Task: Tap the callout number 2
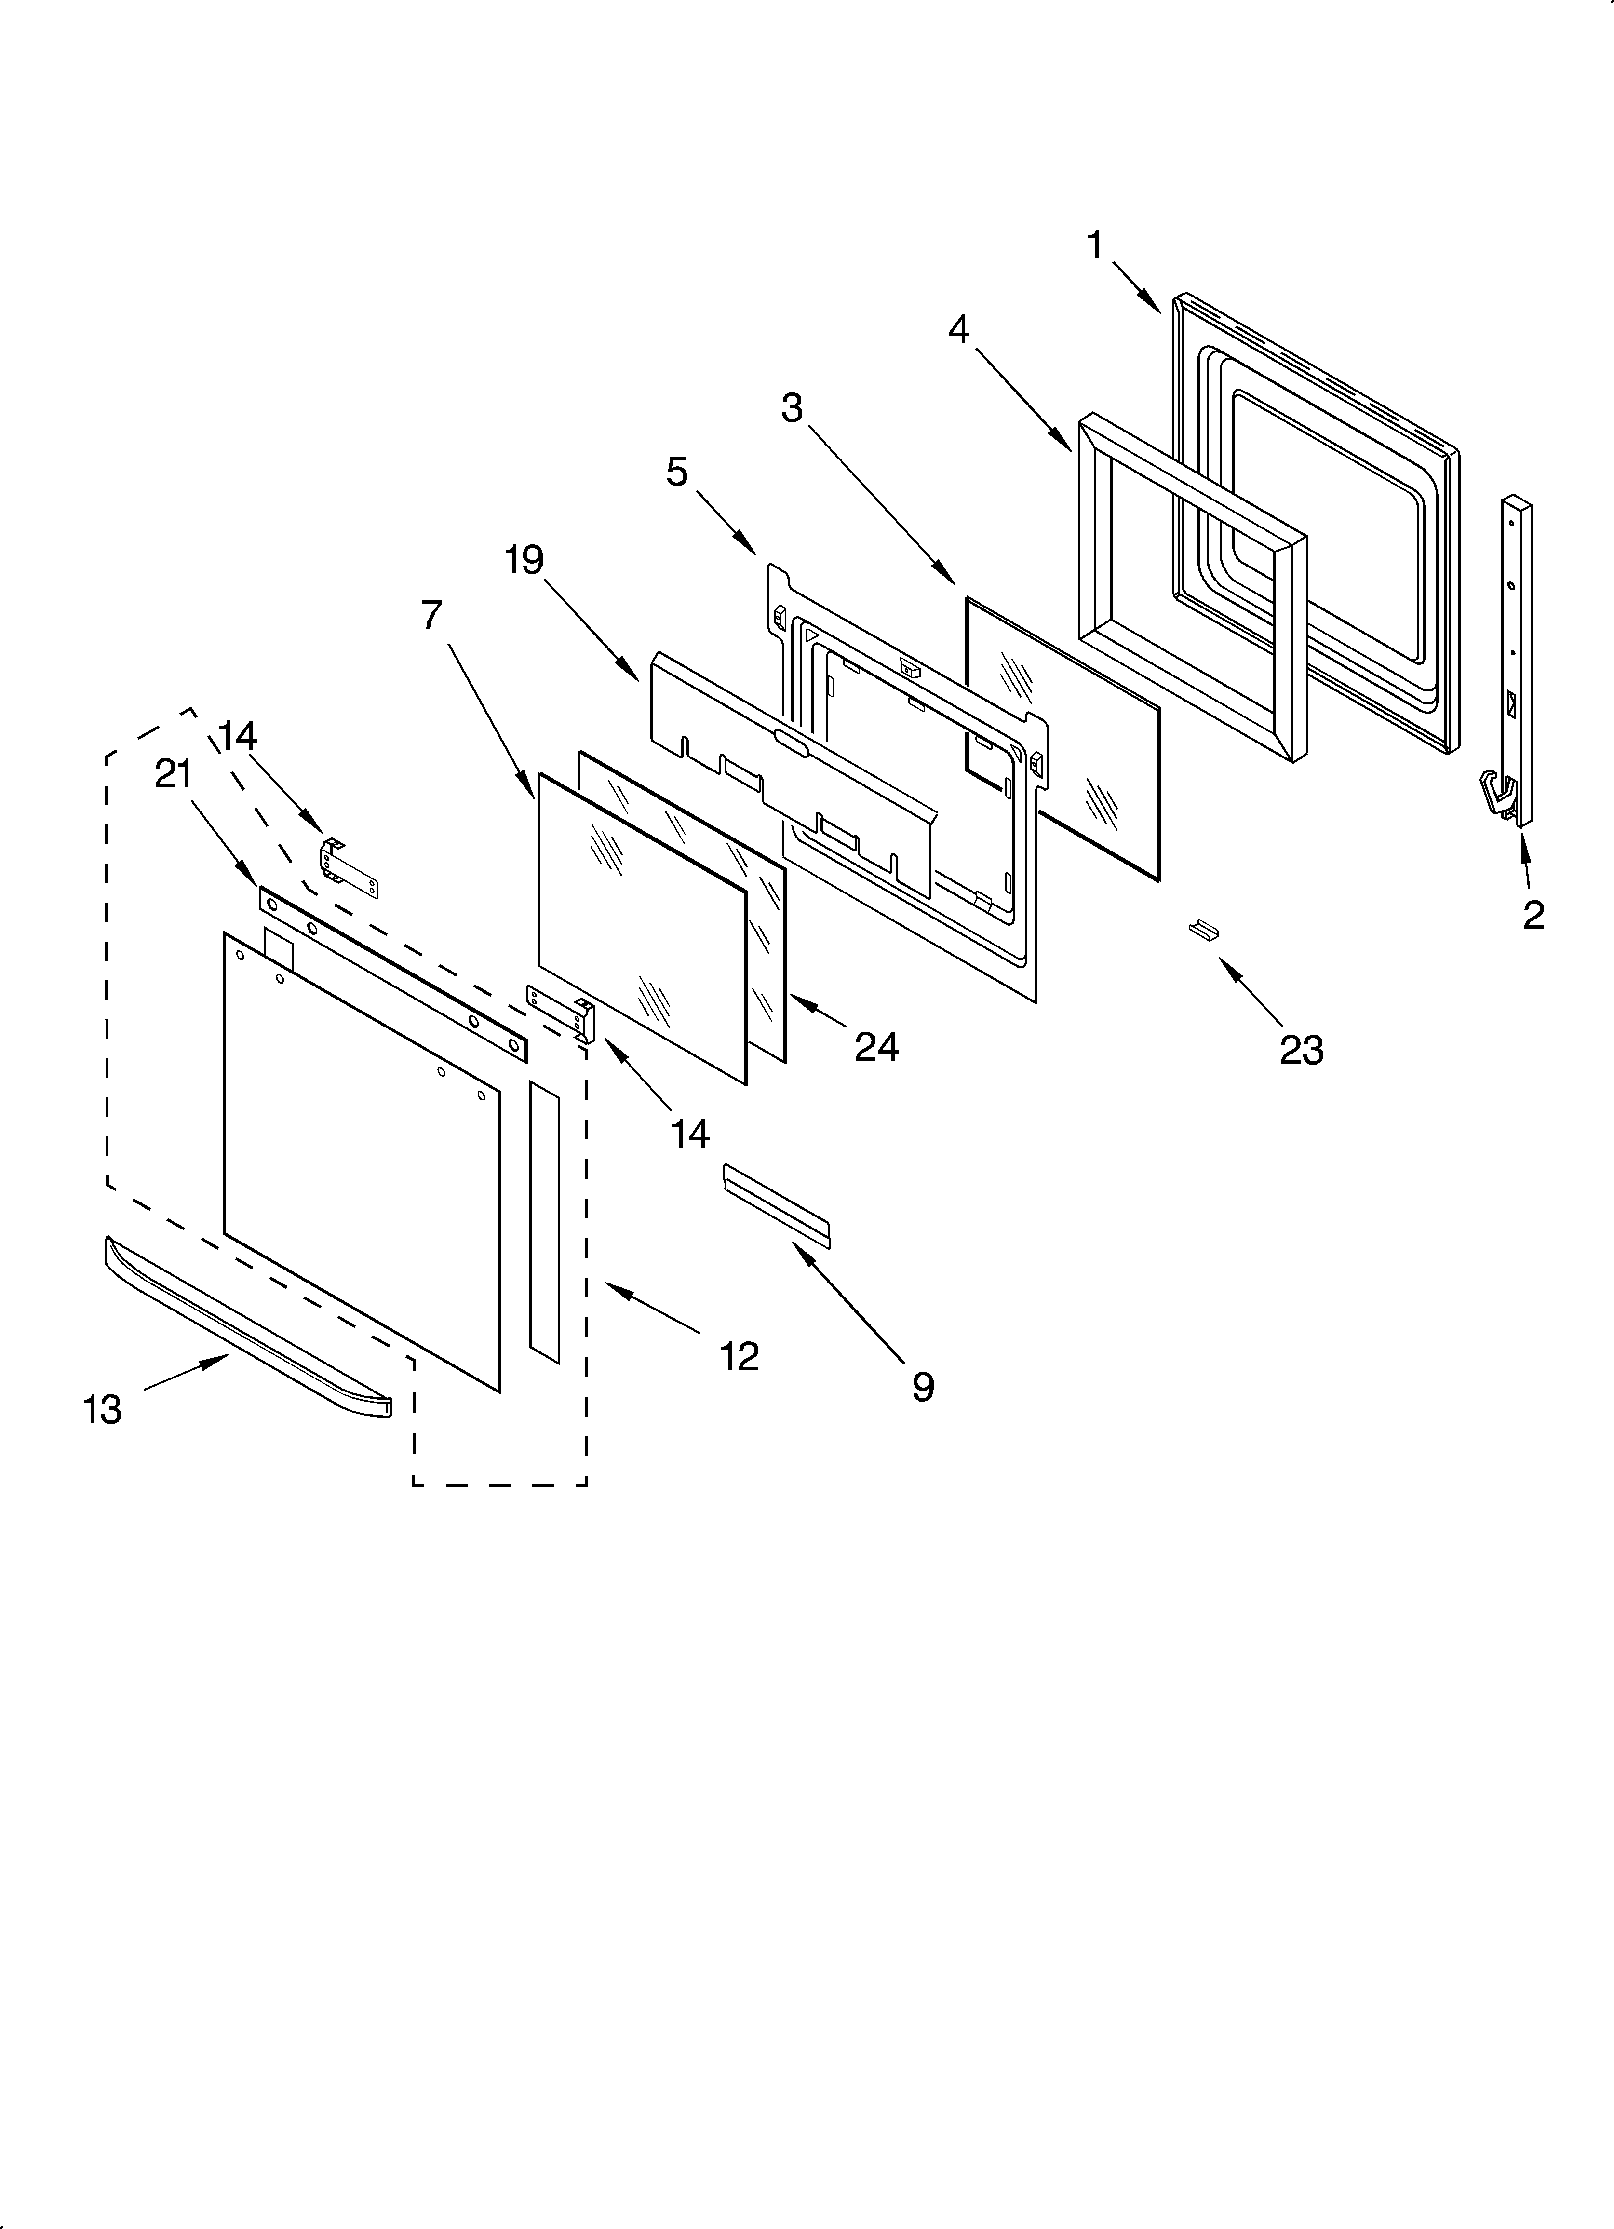pyautogui.click(x=1533, y=915)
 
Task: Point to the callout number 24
pyautogui.click(x=876, y=1048)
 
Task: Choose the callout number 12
pyautogui.click(x=739, y=1357)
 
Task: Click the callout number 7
pyautogui.click(x=431, y=615)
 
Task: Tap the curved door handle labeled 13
pyautogui.click(x=246, y=1329)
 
